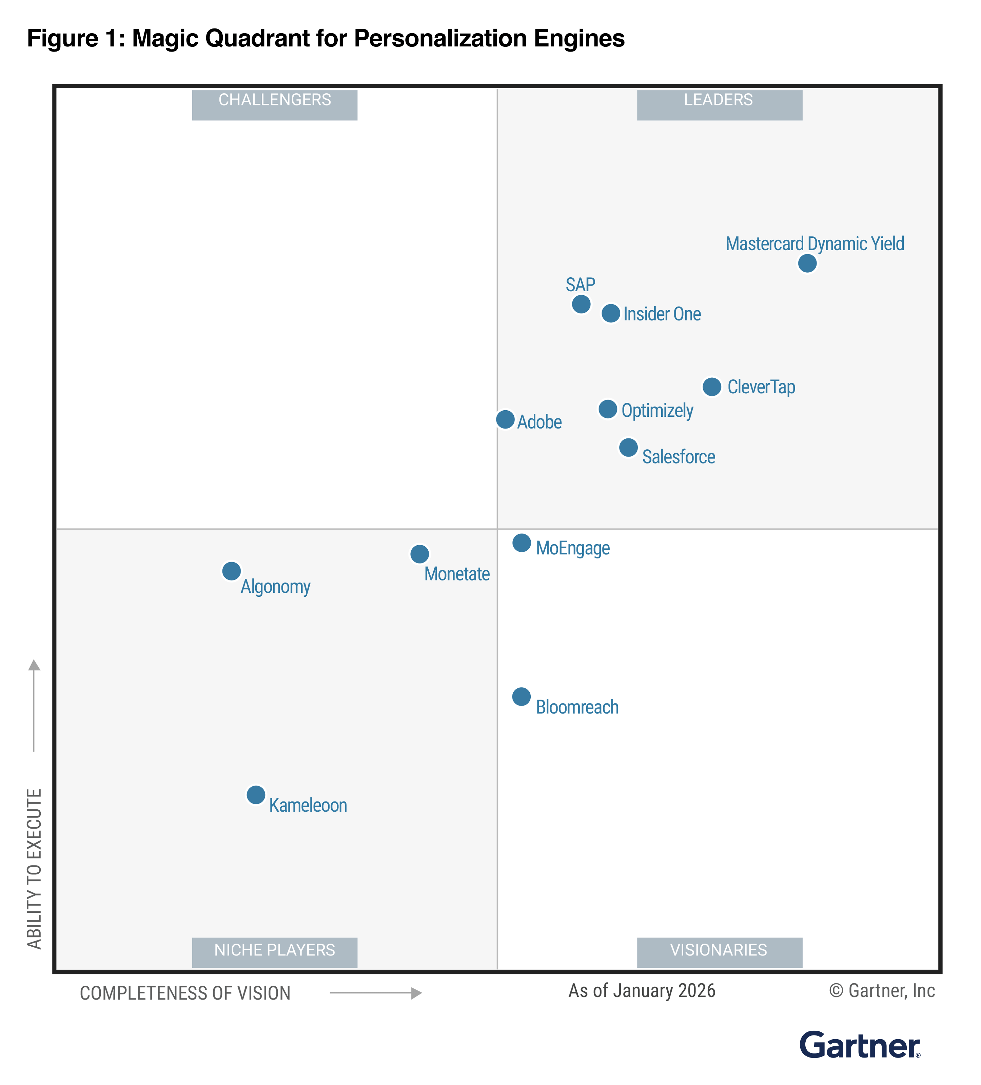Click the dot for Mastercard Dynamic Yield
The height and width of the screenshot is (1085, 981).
807,263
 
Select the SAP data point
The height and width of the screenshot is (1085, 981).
581,304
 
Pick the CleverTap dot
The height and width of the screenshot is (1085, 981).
711,387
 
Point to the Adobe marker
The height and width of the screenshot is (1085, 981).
505,419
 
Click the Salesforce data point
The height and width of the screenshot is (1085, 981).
628,447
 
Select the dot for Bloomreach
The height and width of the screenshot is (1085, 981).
521,696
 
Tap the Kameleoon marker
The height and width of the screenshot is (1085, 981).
256,794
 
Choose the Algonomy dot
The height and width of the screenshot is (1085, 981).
231,571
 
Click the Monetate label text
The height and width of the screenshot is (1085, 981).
457,574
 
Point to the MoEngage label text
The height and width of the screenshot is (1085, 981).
573,548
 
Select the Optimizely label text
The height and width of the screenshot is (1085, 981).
657,411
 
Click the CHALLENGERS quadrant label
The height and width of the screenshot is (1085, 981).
274,100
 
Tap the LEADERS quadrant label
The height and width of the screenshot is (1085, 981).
719,100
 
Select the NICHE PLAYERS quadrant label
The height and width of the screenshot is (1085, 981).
274,950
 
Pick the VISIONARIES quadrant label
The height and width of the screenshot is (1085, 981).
719,950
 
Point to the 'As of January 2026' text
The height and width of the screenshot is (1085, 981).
642,991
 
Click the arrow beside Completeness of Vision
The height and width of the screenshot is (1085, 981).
376,993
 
